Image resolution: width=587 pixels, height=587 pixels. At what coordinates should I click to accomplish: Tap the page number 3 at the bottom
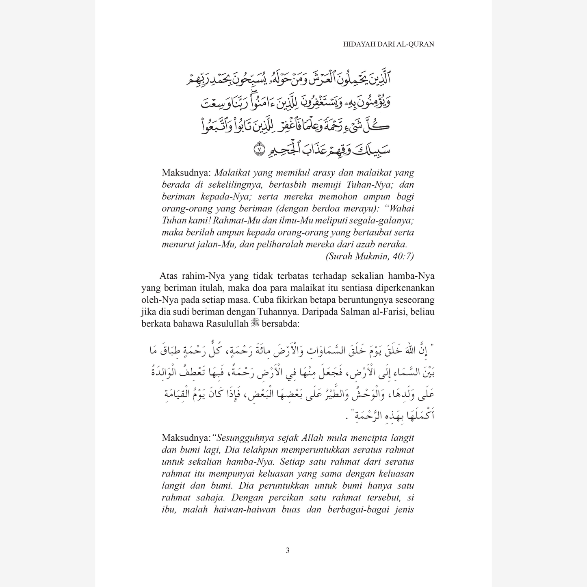pos(288,550)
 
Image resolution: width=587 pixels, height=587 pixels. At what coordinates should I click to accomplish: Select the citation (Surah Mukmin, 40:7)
pos(369,256)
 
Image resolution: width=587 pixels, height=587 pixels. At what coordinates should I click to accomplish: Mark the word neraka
pos(392,245)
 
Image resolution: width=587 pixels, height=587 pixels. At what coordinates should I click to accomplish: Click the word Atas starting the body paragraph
pos(169,276)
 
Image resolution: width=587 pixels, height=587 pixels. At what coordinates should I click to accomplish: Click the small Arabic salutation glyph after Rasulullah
pos(255,323)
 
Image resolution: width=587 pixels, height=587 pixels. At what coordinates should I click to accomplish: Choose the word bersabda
pos(281,324)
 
